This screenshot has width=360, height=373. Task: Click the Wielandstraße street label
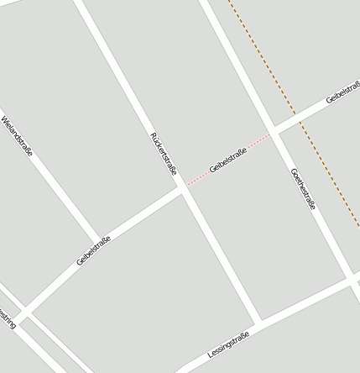[x=18, y=136]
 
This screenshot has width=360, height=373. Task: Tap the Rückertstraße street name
[x=164, y=153]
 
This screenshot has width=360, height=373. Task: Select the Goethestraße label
[x=303, y=189]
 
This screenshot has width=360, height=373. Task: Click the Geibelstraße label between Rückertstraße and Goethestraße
[x=228, y=160]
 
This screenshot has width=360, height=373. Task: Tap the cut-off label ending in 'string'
[x=7, y=321]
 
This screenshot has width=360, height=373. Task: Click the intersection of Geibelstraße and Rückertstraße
[x=183, y=190]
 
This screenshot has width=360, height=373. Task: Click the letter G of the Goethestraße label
[x=293, y=171]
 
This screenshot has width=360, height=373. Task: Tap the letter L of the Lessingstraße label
[x=210, y=356]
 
